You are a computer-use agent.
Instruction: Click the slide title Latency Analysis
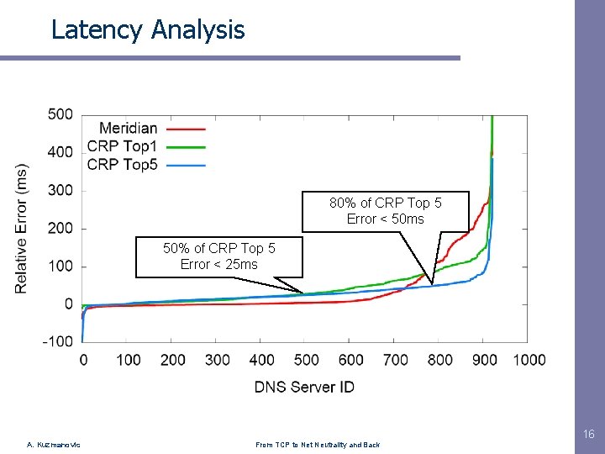click(x=148, y=29)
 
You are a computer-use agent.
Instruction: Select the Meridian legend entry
click(x=129, y=129)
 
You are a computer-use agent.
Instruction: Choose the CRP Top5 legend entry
click(x=122, y=164)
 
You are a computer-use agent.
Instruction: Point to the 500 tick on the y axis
click(x=60, y=114)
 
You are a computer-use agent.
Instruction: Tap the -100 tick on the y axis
click(x=58, y=342)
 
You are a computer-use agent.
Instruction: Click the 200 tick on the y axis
click(x=60, y=229)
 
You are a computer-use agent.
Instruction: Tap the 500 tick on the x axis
click(x=306, y=360)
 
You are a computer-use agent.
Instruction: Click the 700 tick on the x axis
click(x=395, y=360)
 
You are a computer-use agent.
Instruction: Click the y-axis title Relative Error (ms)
click(x=22, y=228)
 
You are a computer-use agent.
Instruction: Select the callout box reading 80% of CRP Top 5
click(x=385, y=211)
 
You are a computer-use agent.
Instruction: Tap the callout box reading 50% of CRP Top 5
click(x=218, y=256)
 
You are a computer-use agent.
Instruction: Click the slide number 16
click(x=588, y=435)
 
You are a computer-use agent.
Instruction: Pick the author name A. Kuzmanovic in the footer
click(x=54, y=445)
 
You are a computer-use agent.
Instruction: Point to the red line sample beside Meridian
click(x=187, y=129)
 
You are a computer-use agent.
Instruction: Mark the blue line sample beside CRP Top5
click(x=187, y=165)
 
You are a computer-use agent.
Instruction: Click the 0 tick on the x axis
click(x=82, y=360)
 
